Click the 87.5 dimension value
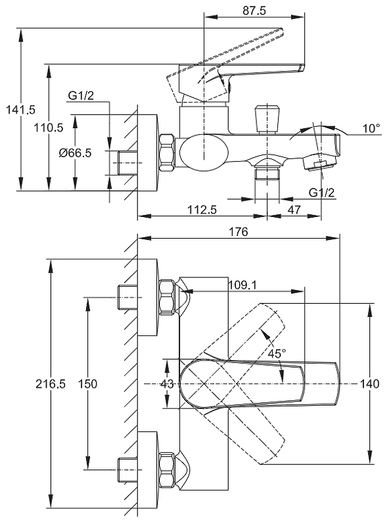[254, 11]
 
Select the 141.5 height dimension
[20, 109]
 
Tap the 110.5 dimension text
[48, 128]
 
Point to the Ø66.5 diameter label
[75, 153]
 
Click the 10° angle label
[371, 128]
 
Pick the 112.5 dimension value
[202, 210]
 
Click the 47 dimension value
[294, 210]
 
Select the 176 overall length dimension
[238, 231]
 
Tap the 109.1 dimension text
[242, 285]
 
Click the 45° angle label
[277, 353]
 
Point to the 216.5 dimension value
[51, 384]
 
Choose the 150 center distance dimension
[87, 384]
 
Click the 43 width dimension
[167, 383]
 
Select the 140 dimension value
[369, 383]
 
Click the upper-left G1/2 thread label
[81, 95]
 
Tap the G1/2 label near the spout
[321, 193]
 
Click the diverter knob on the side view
[267, 118]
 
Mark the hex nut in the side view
[167, 153]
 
